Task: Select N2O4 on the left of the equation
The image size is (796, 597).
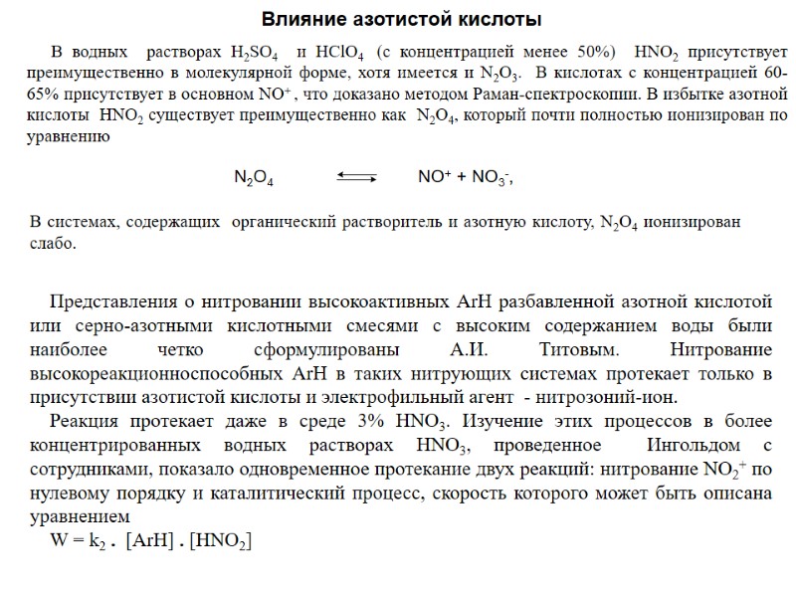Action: pos(254,178)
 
